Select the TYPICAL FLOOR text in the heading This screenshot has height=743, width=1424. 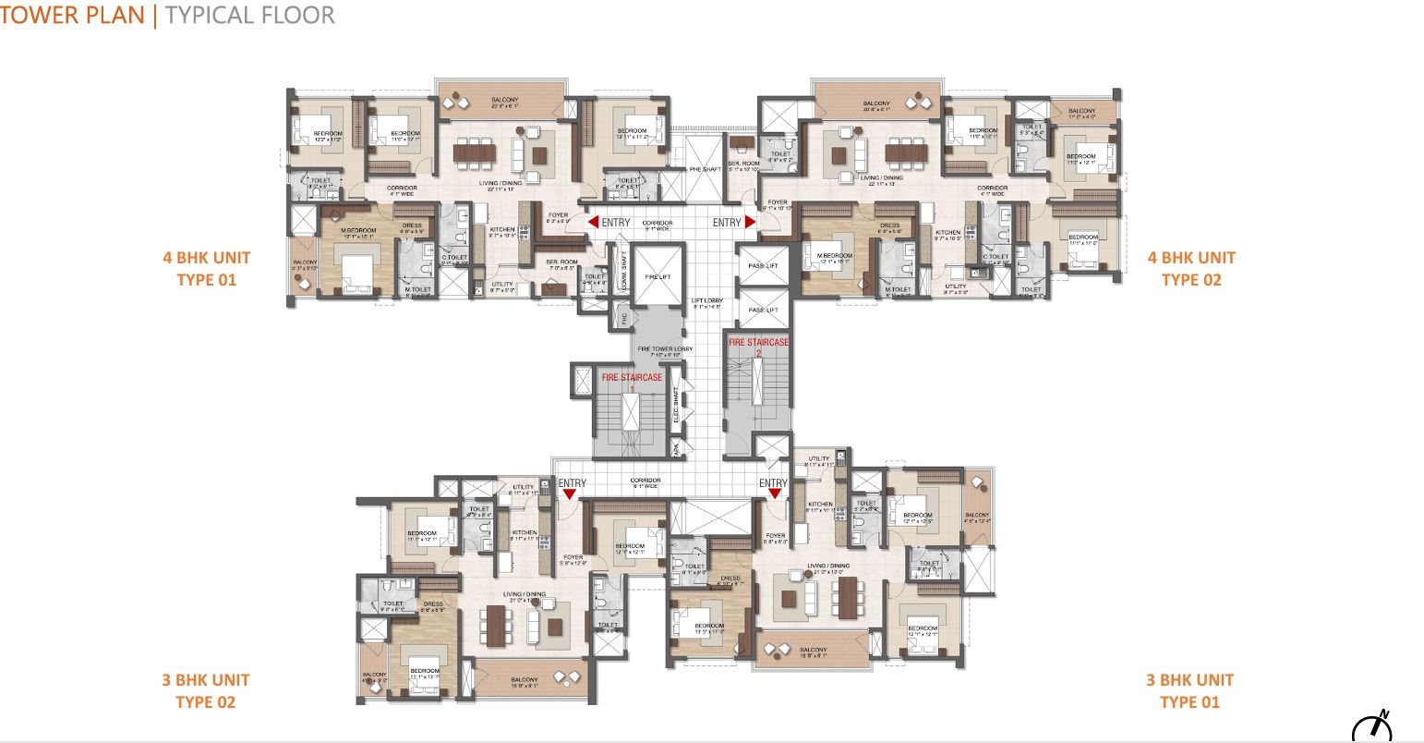click(x=249, y=15)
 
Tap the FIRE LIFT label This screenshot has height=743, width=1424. click(x=657, y=276)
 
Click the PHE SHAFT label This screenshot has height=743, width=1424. click(x=704, y=169)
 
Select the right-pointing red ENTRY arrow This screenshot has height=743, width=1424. click(x=750, y=223)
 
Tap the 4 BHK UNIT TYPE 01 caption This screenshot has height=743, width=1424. click(x=207, y=268)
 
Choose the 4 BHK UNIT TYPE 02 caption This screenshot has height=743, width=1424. click(x=1190, y=268)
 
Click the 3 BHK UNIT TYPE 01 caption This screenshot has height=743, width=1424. click(x=1190, y=690)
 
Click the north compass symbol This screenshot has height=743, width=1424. click(x=1372, y=726)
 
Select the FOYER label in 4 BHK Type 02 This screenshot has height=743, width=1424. click(x=778, y=203)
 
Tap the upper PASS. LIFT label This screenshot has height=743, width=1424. click(x=764, y=266)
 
